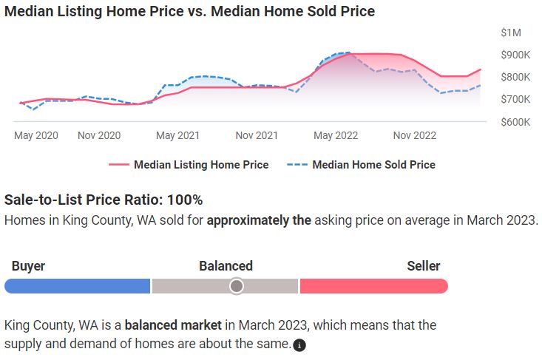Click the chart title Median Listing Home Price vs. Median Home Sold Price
pos(189,11)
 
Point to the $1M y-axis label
pos(511,33)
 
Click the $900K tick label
pos(515,55)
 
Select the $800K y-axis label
pos(515,77)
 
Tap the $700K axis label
pos(515,99)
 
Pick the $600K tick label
pos(515,121)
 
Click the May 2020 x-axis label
pos(35,135)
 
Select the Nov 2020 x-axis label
pos(99,135)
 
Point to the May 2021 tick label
pos(177,135)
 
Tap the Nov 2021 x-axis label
pos(257,135)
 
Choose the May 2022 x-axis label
pos(336,135)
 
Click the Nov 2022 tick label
pos(414,135)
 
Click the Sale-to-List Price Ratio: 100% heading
pos(104,200)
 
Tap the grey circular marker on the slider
pos(236,285)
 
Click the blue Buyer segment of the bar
pos(78,286)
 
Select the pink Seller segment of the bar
pos(373,286)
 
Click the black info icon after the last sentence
pos(299,345)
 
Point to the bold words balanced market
pos(174,325)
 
